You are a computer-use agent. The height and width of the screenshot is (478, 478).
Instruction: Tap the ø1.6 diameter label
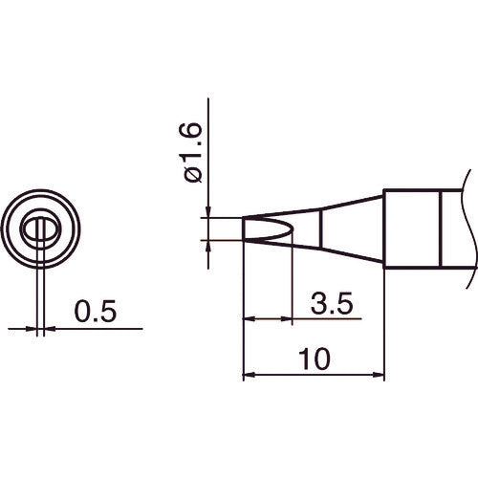pyautogui.click(x=190, y=152)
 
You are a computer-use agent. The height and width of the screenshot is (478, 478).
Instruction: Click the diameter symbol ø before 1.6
pyautogui.click(x=190, y=174)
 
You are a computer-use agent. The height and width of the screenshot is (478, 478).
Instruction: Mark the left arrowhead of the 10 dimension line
pyautogui.click(x=250, y=374)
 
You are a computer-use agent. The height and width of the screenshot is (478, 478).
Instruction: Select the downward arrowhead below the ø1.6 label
pyautogui.click(x=206, y=213)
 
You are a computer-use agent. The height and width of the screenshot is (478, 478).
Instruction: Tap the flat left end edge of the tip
pyautogui.click(x=246, y=229)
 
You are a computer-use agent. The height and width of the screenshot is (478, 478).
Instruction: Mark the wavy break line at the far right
pyautogui.click(x=466, y=229)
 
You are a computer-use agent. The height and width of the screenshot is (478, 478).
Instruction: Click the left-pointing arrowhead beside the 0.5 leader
pyautogui.click(x=51, y=330)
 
